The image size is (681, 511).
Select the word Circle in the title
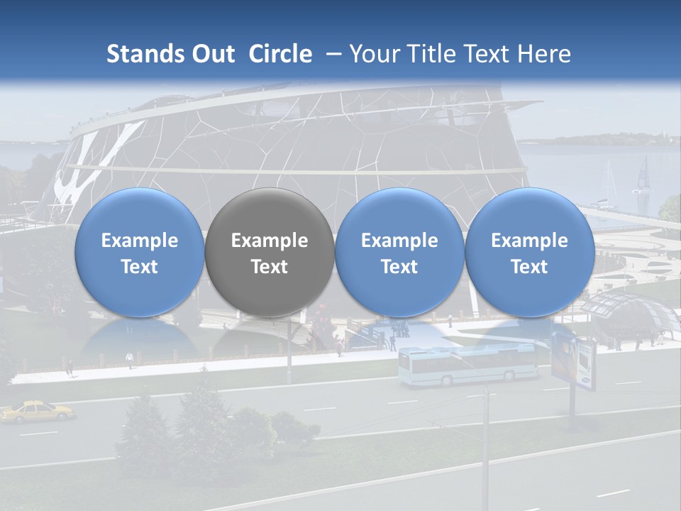pos(280,54)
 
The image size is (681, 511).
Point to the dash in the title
pos(333,54)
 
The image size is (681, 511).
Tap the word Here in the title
pos(544,54)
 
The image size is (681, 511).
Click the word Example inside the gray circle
pos(269,241)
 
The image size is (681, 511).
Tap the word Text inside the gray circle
pos(269,267)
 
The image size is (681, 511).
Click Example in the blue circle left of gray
pos(139,241)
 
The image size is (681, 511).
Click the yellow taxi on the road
pos(37,411)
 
